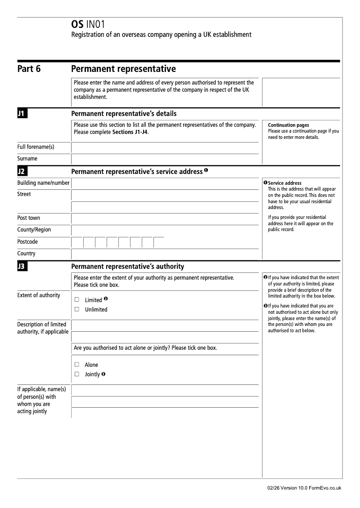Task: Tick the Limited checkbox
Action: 77,299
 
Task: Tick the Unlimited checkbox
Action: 77,309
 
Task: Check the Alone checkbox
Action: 77,365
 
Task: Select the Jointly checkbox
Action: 77,374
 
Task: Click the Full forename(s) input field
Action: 165,148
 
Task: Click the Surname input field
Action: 165,159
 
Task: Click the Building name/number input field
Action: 165,183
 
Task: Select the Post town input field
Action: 165,218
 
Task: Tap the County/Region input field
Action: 165,230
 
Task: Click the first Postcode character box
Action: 77,242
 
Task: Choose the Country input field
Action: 165,254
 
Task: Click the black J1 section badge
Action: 22,114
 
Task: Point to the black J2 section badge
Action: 22,171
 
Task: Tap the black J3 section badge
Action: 22,267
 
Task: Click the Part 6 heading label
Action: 29,69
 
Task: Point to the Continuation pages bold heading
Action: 288,125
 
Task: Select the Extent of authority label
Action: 39,295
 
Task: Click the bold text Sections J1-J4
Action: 130,133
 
